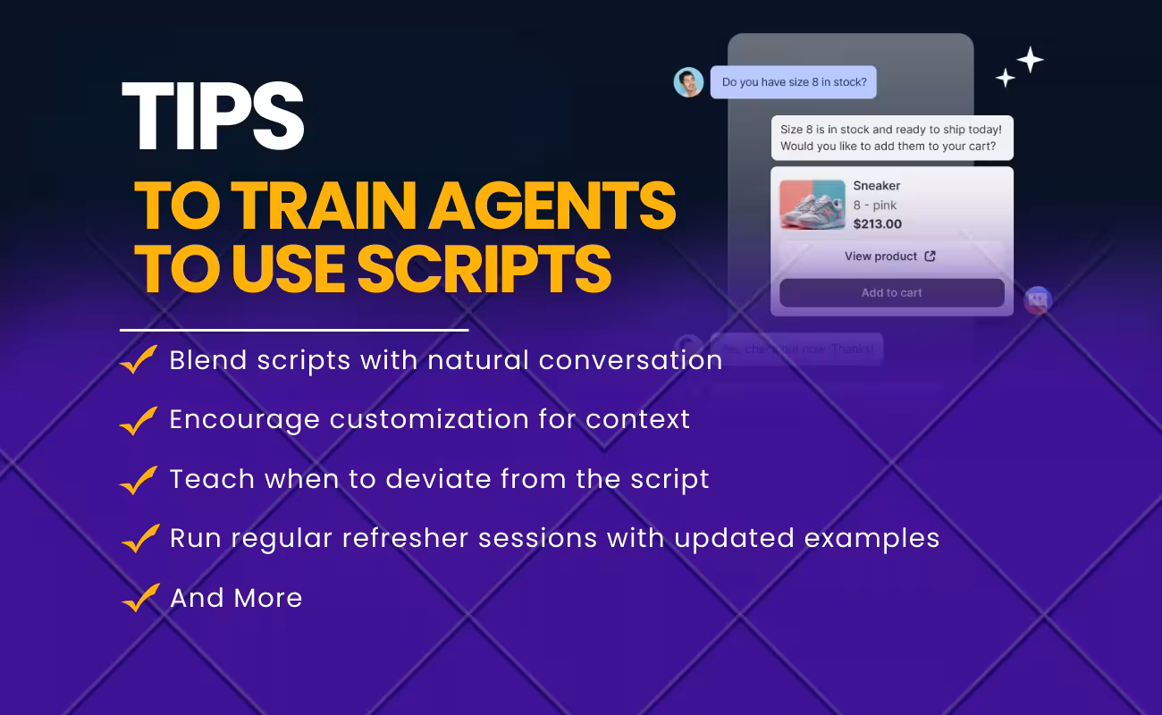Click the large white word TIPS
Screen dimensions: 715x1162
(213, 116)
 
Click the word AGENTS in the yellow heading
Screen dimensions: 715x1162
(552, 206)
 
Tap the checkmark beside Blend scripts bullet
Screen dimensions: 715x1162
(139, 360)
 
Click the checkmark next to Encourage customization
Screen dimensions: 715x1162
(139, 420)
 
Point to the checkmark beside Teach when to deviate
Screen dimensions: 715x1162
(139, 480)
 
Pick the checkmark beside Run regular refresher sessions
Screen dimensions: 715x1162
(139, 539)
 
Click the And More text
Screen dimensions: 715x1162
(236, 598)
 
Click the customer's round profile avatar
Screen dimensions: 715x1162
(688, 82)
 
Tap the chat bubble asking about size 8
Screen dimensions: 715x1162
(794, 82)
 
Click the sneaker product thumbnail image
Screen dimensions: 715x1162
(812, 205)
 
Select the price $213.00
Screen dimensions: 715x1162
(877, 224)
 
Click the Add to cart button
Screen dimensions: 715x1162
(891, 292)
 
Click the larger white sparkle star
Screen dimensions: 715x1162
(1030, 60)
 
